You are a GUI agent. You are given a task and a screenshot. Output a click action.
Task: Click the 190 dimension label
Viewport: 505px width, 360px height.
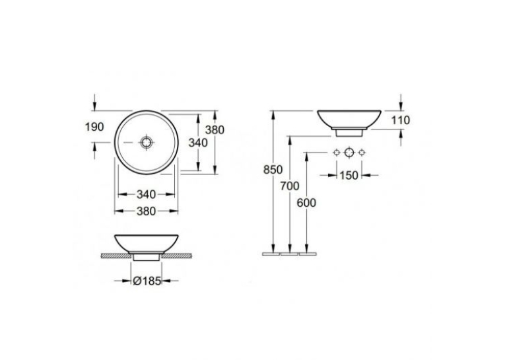coord(94,127)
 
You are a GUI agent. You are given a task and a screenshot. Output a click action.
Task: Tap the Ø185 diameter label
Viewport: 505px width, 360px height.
coord(147,281)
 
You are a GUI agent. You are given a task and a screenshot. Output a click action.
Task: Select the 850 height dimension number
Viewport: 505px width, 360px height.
coord(273,170)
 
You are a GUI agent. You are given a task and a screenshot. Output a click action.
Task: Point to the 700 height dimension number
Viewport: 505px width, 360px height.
coord(290,186)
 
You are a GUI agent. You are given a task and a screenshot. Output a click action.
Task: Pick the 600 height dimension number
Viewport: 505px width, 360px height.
coord(306,203)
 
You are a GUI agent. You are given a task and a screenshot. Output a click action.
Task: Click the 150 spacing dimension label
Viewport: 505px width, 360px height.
coord(349,175)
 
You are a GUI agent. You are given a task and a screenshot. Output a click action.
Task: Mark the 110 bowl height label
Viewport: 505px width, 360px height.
coord(400,120)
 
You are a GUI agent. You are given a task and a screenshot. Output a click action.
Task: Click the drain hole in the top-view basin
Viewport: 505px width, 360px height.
coord(146,142)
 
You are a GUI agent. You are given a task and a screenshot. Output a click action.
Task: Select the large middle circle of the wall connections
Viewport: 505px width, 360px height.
coord(349,153)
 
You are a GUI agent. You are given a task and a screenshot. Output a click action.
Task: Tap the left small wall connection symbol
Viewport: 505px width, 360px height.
coord(337,153)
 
